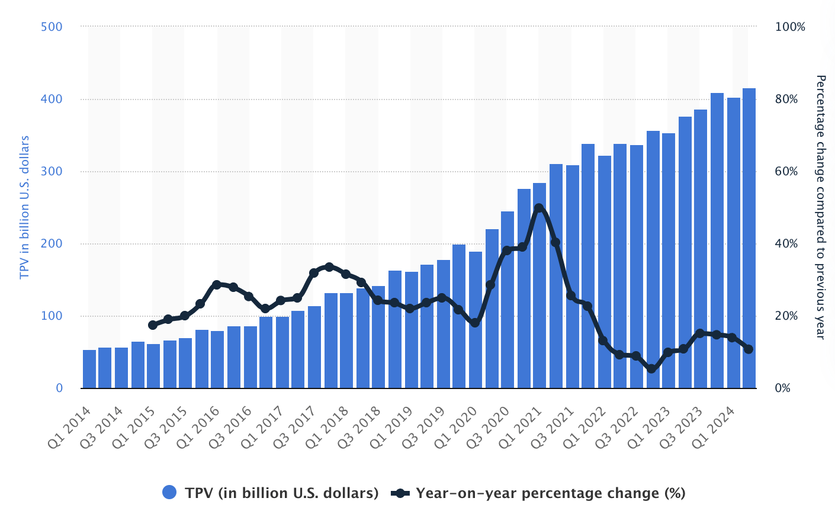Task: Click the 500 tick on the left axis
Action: (x=52, y=27)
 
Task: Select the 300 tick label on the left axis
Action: (x=52, y=172)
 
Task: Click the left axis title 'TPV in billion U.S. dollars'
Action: (x=25, y=207)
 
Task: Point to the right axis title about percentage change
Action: (x=820, y=207)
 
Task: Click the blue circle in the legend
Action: (x=169, y=492)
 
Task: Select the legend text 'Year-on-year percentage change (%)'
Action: (x=550, y=493)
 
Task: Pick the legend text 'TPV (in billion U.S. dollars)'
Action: (x=281, y=493)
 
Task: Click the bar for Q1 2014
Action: (x=89, y=370)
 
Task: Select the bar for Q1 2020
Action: (x=476, y=320)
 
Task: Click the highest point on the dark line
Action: (x=539, y=208)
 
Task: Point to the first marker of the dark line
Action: (x=153, y=325)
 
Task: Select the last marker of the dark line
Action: (x=749, y=349)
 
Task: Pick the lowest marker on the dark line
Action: (x=652, y=369)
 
